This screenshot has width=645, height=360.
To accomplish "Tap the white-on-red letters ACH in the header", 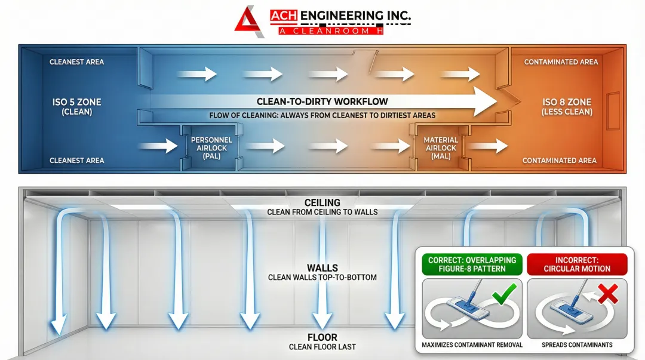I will pos(283,16).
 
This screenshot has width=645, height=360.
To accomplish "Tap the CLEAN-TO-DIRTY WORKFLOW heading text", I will pos(322,101).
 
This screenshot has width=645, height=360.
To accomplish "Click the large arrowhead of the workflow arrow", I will pos(485,101).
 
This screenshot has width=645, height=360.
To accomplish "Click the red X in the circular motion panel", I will pos(609,293).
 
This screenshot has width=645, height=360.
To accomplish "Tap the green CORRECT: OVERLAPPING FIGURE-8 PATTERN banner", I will pos(472,264).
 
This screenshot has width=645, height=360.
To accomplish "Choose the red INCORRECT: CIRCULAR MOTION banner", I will pos(577,264).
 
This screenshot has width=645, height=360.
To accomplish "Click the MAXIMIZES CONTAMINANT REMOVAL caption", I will pos(472,345).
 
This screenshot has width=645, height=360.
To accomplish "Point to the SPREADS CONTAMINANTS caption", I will pos(577,345).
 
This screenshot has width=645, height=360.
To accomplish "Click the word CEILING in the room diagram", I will pos(322,203).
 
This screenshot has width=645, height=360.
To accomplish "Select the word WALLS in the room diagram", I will pos(322,269).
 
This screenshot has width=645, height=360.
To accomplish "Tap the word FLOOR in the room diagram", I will pos(322,338).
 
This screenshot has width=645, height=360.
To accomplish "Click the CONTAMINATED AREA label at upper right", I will pos(561,62).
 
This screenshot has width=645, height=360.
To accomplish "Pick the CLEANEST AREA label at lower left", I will pos(76,161).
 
